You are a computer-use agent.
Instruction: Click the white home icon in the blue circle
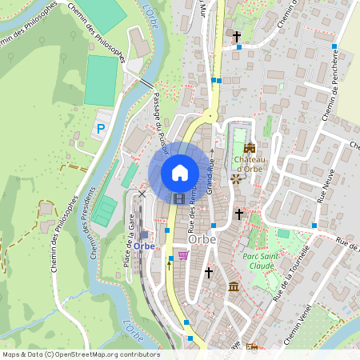179,173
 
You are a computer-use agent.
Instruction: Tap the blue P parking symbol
101,128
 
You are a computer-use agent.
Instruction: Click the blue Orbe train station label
144,246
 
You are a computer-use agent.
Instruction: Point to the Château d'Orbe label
250,162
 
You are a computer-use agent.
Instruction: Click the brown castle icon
250,148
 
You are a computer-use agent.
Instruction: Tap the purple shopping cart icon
183,255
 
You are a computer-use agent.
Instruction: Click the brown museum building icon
233,286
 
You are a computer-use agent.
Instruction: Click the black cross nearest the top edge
236,37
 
